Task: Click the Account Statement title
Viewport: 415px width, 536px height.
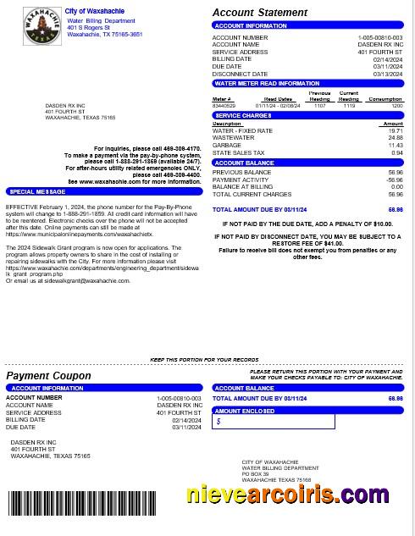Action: [x=259, y=13]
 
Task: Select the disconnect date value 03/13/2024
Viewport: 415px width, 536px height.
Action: [x=388, y=74]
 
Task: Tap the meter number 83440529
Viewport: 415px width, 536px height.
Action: [x=222, y=106]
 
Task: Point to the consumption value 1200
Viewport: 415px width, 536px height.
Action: [x=396, y=106]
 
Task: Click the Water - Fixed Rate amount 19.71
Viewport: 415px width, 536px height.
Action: [x=396, y=131]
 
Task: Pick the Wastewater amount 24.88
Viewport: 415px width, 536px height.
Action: [x=396, y=138]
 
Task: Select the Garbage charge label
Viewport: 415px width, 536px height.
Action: [x=226, y=146]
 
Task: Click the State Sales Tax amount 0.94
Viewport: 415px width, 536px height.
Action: [x=396, y=153]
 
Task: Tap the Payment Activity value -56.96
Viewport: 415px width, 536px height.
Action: [x=394, y=180]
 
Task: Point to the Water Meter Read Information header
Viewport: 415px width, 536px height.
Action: [x=267, y=84]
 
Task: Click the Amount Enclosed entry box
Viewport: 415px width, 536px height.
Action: [x=273, y=421]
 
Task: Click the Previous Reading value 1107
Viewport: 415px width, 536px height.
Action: [x=319, y=106]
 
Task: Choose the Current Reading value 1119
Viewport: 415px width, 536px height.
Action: [x=349, y=106]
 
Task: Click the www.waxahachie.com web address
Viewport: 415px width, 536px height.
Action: [x=103, y=181]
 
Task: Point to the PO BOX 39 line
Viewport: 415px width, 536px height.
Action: [x=255, y=473]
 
